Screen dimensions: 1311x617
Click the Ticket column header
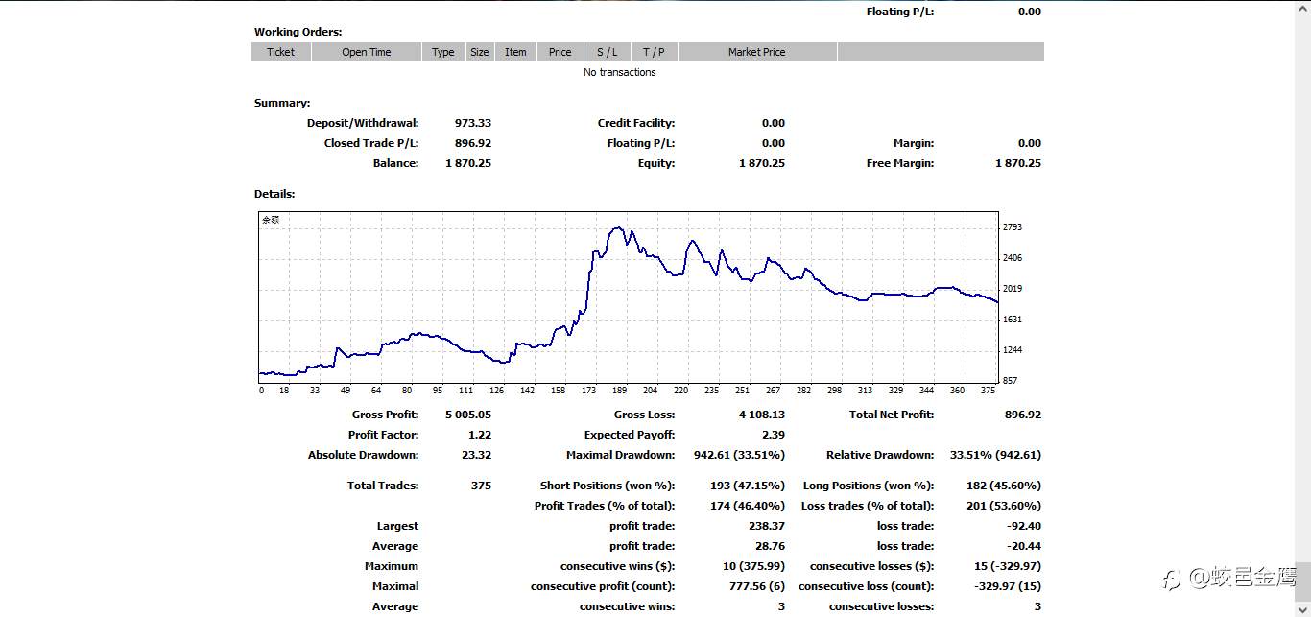coord(281,52)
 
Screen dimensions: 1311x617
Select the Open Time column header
coord(367,52)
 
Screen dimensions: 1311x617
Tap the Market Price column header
coord(756,52)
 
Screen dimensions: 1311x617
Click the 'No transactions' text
coord(619,72)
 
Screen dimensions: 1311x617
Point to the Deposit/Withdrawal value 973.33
coord(473,123)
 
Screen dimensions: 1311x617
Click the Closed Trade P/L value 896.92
coord(473,143)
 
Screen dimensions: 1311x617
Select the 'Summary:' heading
coord(282,103)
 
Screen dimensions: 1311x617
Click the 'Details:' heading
coord(274,194)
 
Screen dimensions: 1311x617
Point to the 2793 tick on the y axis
coord(1013,227)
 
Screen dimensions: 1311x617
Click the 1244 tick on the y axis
coord(1013,350)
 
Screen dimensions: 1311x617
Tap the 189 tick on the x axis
coord(619,391)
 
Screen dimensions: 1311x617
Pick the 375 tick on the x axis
coord(988,391)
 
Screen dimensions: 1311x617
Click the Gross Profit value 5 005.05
coord(468,415)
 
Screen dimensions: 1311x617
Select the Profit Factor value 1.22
coord(480,435)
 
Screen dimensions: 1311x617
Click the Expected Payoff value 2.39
coord(774,435)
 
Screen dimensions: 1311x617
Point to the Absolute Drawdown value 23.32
coord(476,455)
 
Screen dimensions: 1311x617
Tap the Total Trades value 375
coord(481,486)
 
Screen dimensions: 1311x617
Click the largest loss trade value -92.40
coord(1024,526)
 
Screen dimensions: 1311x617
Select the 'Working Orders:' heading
coord(298,32)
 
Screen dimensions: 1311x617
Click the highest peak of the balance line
coord(618,227)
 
